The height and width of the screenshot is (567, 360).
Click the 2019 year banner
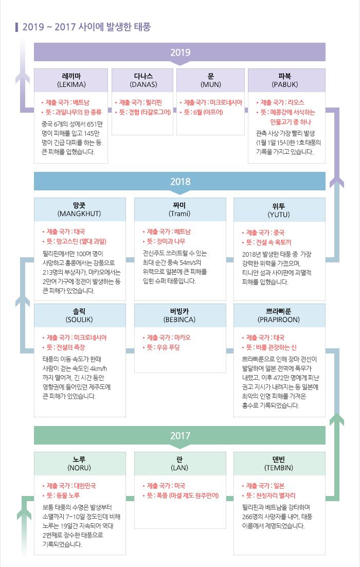click(179, 52)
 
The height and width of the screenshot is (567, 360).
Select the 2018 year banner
click(179, 182)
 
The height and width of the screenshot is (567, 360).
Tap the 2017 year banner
click(179, 436)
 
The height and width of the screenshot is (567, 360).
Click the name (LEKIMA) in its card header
click(71, 84)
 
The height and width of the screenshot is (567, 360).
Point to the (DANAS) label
click(143, 84)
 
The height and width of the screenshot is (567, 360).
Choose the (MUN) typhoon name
click(211, 84)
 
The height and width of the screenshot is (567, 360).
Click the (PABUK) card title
click(285, 84)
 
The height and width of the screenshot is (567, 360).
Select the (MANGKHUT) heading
click(79, 214)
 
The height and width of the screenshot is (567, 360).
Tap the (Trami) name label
click(179, 214)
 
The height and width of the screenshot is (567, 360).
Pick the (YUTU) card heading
click(279, 215)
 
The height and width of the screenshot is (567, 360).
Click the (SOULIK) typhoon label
click(79, 320)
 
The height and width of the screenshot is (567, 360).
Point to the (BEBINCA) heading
click(179, 320)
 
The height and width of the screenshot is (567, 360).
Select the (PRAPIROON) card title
click(279, 320)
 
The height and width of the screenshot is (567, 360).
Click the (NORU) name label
click(79, 468)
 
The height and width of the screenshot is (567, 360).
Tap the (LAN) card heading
click(179, 468)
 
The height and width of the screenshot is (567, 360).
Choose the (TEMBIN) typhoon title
click(279, 468)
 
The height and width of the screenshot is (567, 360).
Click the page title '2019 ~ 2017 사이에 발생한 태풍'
click(86, 27)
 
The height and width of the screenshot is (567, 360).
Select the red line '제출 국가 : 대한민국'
click(69, 486)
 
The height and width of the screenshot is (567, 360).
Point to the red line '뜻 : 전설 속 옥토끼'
click(267, 242)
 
